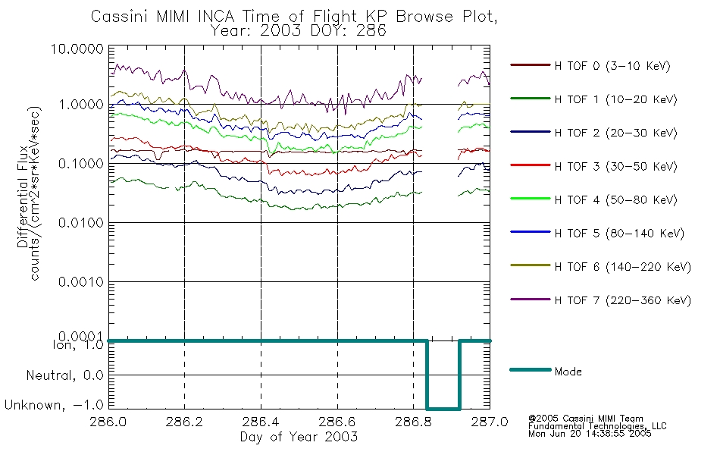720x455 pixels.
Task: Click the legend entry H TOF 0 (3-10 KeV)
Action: pyautogui.click(x=612, y=66)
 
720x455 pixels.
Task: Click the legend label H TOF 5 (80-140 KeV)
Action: pyautogui.click(x=618, y=234)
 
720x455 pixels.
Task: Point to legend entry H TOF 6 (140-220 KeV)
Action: pyautogui.click(x=622, y=267)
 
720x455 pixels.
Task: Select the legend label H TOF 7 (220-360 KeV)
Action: pyautogui.click(x=622, y=300)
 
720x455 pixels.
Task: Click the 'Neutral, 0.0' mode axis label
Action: pyautogui.click(x=64, y=375)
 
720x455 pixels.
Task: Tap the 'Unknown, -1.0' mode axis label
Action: pyautogui.click(x=55, y=406)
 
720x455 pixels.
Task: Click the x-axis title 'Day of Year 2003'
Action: pyautogui.click(x=299, y=437)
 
